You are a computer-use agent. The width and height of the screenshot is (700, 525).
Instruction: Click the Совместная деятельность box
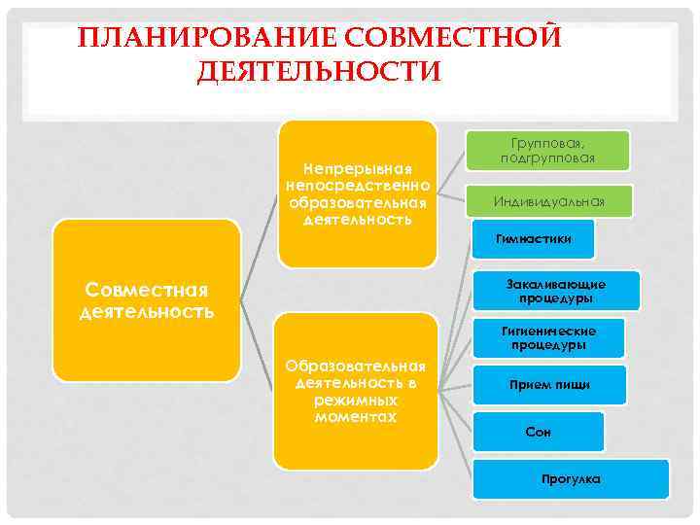click(x=146, y=299)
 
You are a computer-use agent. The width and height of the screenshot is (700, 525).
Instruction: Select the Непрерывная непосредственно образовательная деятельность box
click(x=357, y=192)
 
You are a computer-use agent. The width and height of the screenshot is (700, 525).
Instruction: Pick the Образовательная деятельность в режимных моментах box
click(x=356, y=391)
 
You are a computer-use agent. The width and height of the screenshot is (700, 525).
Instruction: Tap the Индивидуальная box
click(x=548, y=201)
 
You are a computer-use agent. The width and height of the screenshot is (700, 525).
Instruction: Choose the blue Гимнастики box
click(x=533, y=237)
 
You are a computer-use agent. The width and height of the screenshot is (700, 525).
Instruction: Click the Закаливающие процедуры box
click(x=556, y=291)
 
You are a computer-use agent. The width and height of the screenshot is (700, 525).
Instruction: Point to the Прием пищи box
click(x=550, y=385)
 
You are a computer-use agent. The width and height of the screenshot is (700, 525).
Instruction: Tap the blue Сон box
click(x=538, y=432)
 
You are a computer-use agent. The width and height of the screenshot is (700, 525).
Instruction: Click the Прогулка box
click(x=571, y=478)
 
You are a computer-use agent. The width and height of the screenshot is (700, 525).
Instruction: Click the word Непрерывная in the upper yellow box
click(x=357, y=170)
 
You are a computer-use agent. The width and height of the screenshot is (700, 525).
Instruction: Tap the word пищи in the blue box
click(x=573, y=385)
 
